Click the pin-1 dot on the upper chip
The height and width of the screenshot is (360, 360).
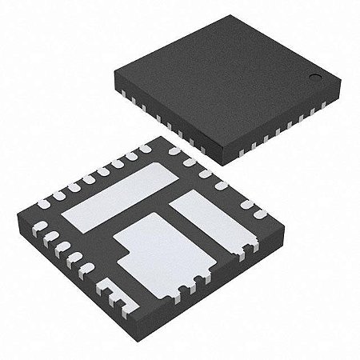click(x=316, y=78)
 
